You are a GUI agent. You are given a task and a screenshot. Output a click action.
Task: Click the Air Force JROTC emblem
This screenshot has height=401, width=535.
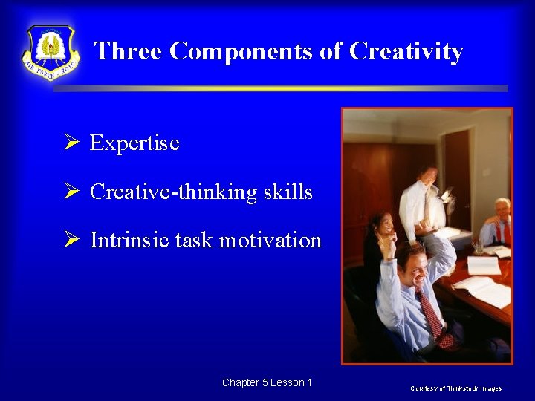click(x=51, y=53)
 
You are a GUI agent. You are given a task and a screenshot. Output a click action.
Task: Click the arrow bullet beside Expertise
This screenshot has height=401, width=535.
click(x=71, y=143)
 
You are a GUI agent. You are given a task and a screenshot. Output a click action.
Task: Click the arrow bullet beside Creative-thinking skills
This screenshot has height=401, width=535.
click(x=71, y=192)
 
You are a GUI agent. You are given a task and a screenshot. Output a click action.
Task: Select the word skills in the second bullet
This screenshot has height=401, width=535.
click(x=288, y=192)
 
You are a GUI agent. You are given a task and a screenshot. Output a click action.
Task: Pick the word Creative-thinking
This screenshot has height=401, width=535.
click(x=174, y=192)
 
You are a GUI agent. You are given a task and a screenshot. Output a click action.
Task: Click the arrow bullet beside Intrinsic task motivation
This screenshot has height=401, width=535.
click(x=71, y=240)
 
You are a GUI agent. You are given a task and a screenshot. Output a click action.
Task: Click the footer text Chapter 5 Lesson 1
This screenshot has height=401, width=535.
click(x=267, y=382)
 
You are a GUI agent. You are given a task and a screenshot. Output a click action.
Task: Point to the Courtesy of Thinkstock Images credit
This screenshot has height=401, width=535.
click(x=455, y=388)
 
